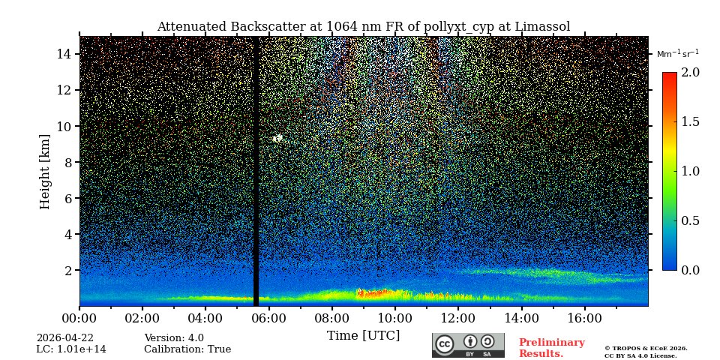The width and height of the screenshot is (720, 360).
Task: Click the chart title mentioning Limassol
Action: pyautogui.click(x=363, y=27)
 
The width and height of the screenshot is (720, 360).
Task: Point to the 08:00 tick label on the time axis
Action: pyautogui.click(x=331, y=319)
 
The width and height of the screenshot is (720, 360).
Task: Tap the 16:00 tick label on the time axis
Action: pyautogui.click(x=584, y=319)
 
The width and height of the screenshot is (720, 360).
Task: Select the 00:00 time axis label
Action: pyautogui.click(x=79, y=319)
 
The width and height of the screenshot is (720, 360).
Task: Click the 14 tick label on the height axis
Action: pyautogui.click(x=63, y=54)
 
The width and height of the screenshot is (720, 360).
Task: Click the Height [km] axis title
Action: pyautogui.click(x=45, y=171)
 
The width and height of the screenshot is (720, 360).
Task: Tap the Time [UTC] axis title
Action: pyautogui.click(x=363, y=335)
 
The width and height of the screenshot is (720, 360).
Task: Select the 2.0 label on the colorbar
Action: pyautogui.click(x=690, y=72)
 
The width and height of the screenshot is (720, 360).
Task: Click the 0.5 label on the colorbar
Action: pyautogui.click(x=690, y=220)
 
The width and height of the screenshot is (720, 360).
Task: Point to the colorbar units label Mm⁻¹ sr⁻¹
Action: pyautogui.click(x=677, y=53)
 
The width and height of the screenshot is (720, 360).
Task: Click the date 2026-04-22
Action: pyautogui.click(x=65, y=338)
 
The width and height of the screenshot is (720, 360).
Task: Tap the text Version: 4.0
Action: pyautogui.click(x=174, y=338)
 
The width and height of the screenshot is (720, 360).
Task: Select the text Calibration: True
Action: pyautogui.click(x=187, y=349)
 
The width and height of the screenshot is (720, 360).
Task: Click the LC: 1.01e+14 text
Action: pyautogui.click(x=71, y=349)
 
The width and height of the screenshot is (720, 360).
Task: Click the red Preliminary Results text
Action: pyautogui.click(x=551, y=348)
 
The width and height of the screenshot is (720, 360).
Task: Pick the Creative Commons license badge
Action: pyautogui.click(x=468, y=345)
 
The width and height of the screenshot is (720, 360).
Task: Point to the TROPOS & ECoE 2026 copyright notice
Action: pyautogui.click(x=646, y=349)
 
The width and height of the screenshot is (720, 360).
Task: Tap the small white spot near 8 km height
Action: pyautogui.click(x=277, y=138)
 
